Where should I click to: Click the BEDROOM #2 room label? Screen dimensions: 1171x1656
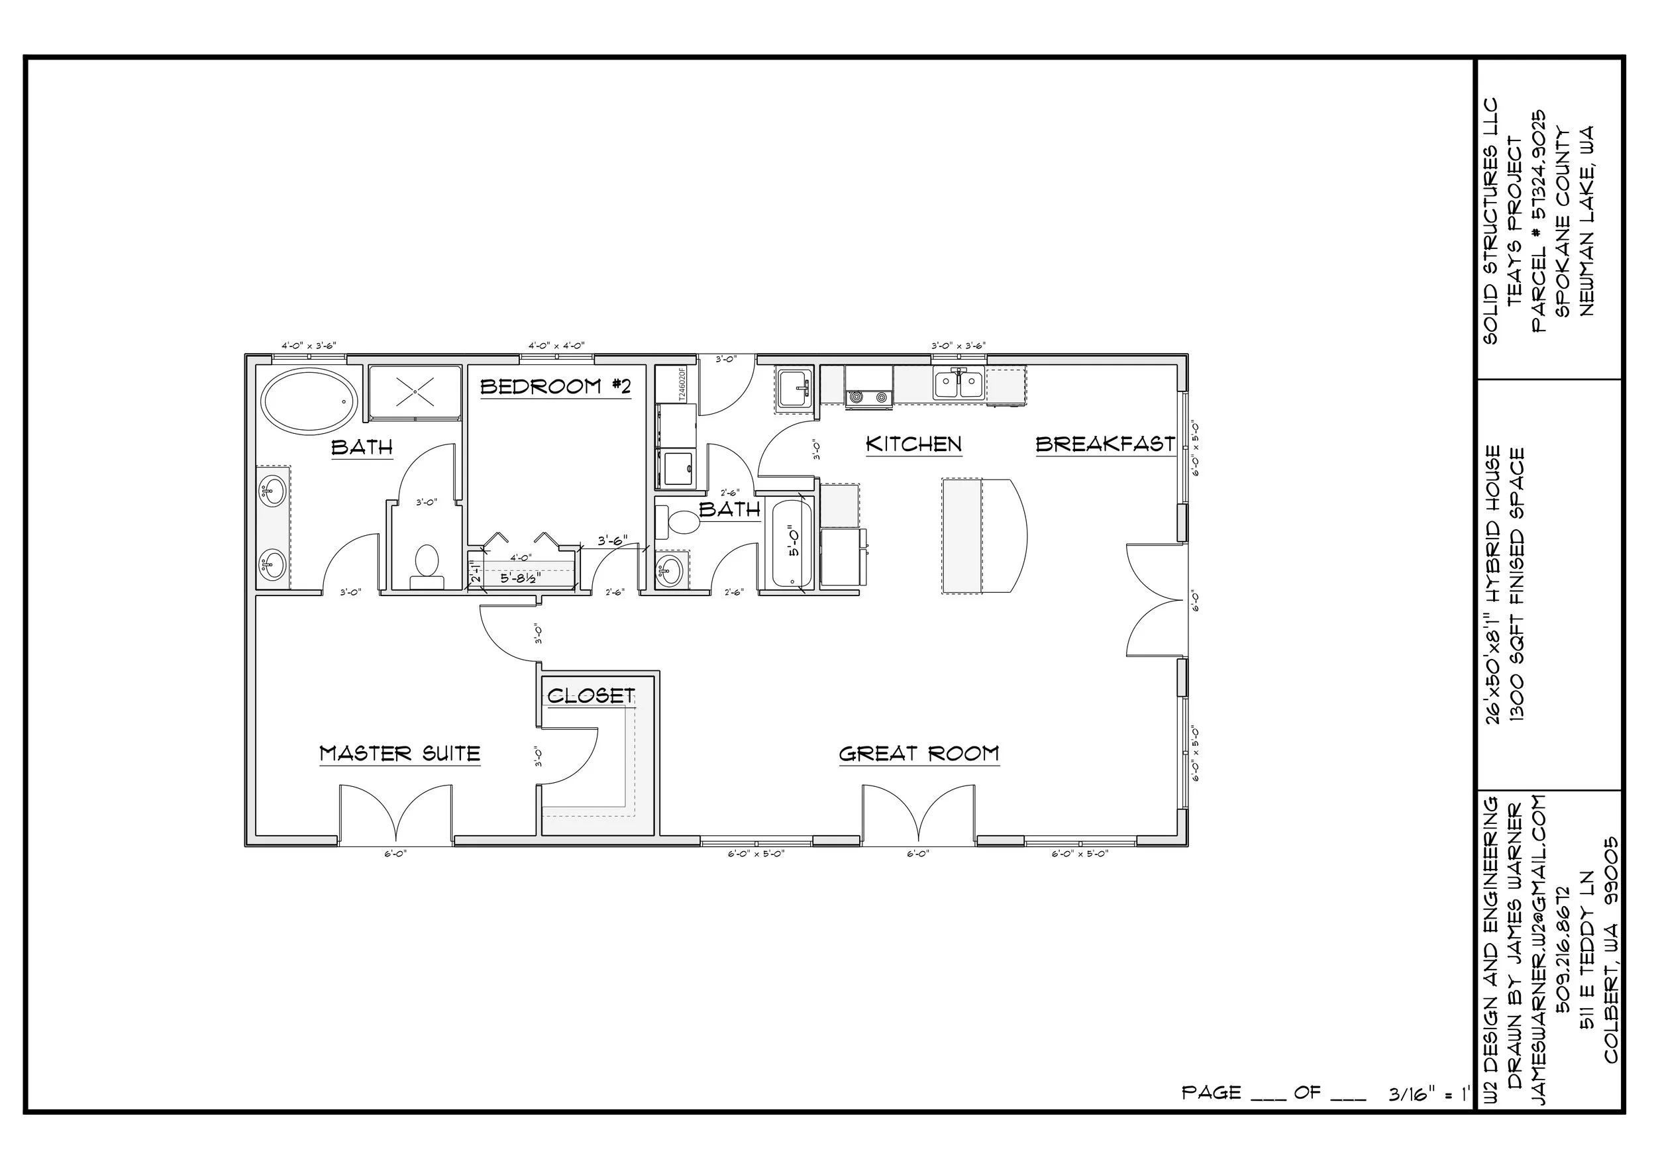(555, 387)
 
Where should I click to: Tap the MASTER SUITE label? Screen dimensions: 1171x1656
(399, 754)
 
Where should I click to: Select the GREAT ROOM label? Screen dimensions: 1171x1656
(918, 754)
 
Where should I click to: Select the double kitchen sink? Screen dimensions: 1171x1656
(958, 383)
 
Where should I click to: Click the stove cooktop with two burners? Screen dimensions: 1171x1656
(868, 397)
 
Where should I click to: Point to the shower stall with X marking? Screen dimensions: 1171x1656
(415, 392)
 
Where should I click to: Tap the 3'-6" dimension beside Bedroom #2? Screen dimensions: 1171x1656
(611, 540)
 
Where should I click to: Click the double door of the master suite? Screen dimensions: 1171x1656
(396, 815)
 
